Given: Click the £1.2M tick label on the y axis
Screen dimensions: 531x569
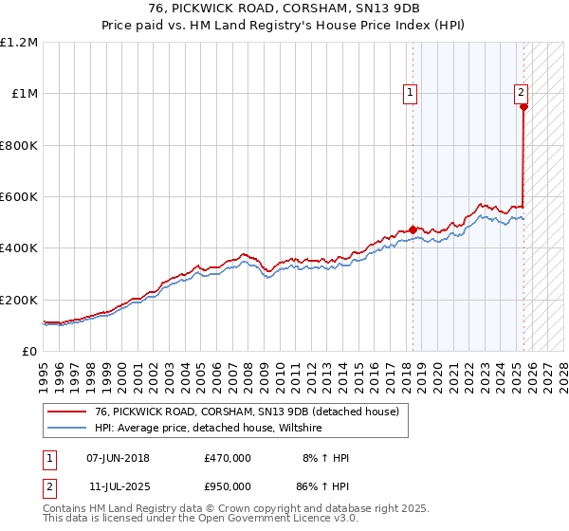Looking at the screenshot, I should (19, 42).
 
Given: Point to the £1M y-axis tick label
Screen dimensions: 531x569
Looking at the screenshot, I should (25, 93).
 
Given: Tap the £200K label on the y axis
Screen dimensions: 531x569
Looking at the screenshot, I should (19, 300).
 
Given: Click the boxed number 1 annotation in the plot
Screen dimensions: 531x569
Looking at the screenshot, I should (410, 93).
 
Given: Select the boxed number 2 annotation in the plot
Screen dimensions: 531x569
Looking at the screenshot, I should (522, 93).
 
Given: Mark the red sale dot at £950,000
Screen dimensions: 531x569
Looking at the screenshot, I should (523, 107).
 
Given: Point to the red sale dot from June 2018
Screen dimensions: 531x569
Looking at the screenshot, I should (413, 229).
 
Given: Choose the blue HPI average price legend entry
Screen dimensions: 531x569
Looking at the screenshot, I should (209, 429).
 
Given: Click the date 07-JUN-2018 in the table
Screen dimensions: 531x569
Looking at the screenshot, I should (118, 458).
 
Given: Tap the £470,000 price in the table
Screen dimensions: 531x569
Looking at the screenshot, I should (228, 458).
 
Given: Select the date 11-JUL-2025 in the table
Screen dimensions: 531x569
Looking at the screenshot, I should (117, 486).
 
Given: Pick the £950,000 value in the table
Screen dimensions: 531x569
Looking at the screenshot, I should (228, 486).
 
